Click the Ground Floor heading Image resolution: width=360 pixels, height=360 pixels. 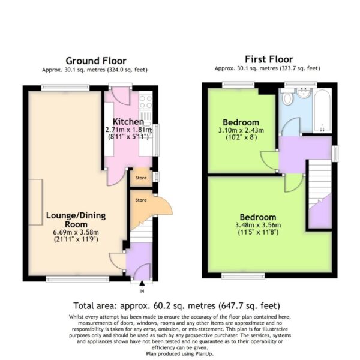pos(96,61)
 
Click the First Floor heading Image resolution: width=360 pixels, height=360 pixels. pos(269,59)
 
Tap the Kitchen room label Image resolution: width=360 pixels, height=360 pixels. pos(128,122)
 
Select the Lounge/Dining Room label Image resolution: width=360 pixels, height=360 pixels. pos(76,220)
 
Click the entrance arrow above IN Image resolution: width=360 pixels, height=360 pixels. pos(142,283)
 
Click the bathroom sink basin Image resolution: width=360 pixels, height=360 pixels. pos(304,92)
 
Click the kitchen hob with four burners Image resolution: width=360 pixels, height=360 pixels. pos(146,102)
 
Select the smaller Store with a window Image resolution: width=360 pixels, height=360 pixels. pos(141,178)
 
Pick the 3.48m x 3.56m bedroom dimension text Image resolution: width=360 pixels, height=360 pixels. pos(258,225)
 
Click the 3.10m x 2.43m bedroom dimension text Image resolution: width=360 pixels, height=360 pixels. pos(241,130)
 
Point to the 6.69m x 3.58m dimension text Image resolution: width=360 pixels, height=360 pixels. pos(76,232)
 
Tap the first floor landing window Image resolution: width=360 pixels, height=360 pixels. pos(335,154)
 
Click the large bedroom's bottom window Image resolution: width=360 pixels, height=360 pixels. pos(243,276)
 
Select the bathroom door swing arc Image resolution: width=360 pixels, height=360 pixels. pos(291,125)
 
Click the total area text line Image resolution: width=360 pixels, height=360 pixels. pos(177,306)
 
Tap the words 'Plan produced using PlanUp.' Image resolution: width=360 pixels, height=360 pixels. pos(180,353)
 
